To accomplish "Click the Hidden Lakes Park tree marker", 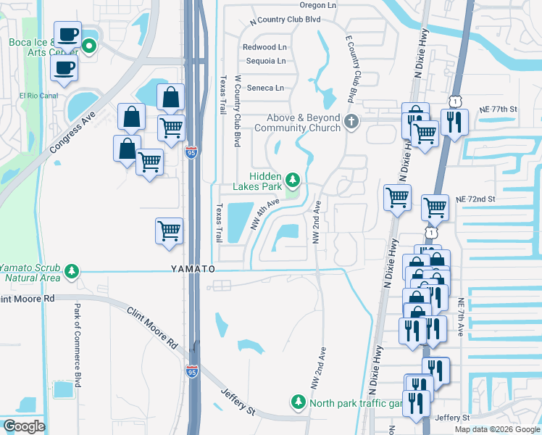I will pos(292,178).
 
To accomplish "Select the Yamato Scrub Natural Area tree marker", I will pos(71,271).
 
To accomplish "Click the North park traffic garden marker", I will pos(298,401).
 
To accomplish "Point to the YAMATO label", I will pos(193,269).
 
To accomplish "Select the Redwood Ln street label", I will pos(264,47).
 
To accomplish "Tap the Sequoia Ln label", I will pos(264,61).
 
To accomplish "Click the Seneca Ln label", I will pos(265,88).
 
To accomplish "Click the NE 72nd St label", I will pos(475,199).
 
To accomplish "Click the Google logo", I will pos(23,426).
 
